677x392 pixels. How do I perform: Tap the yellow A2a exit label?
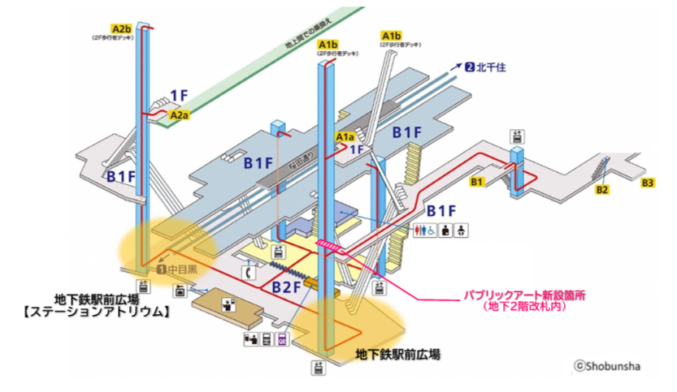[180, 116]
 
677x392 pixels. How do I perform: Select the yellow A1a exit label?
[345, 139]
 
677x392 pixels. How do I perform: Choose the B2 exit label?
[602, 190]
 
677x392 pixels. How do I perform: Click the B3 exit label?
[648, 182]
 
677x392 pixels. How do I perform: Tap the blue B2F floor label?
[286, 286]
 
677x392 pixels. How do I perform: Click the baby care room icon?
[460, 230]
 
